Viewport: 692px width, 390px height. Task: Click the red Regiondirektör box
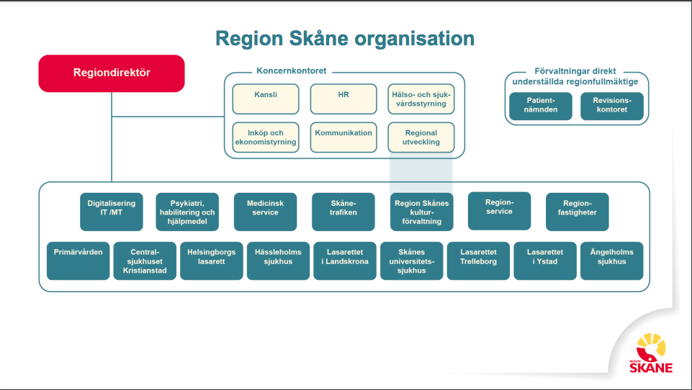click(x=112, y=73)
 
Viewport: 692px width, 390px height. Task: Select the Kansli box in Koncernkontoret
click(x=266, y=99)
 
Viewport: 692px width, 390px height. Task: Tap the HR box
click(x=343, y=99)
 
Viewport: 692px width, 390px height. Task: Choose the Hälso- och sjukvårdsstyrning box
click(x=421, y=99)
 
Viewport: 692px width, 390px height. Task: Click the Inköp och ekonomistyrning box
click(x=266, y=137)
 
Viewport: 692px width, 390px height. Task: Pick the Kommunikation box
click(x=343, y=137)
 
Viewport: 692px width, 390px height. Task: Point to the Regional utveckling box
click(x=421, y=137)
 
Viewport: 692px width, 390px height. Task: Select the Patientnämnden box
click(x=541, y=106)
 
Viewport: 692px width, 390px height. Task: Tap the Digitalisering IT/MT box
click(x=112, y=212)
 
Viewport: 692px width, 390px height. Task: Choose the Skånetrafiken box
click(x=343, y=212)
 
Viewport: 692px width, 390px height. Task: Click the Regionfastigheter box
click(x=577, y=212)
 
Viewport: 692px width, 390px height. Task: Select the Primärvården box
click(x=78, y=260)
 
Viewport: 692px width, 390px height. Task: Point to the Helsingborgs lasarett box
click(x=212, y=260)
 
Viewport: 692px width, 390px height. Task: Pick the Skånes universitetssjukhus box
click(x=411, y=260)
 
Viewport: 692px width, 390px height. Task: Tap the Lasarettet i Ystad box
click(x=544, y=260)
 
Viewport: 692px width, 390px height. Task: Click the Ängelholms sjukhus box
click(x=611, y=260)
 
